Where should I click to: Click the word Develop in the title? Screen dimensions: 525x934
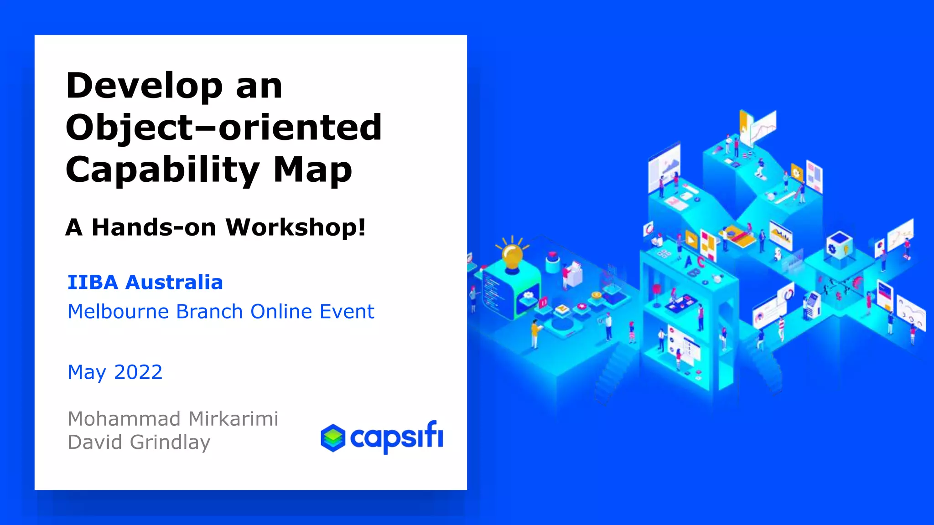(x=144, y=87)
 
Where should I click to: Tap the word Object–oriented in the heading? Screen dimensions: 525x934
(x=223, y=128)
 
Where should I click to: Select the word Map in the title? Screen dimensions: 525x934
(x=313, y=170)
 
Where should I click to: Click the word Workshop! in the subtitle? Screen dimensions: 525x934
(x=296, y=227)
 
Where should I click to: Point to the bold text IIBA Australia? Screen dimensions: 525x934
(x=145, y=283)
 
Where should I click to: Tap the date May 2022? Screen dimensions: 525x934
(x=115, y=372)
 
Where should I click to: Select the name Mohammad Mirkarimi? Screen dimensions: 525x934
(x=173, y=419)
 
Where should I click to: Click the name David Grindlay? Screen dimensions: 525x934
(x=139, y=443)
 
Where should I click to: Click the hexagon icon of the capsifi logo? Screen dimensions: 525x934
(x=333, y=438)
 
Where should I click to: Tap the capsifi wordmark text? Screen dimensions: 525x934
(x=396, y=437)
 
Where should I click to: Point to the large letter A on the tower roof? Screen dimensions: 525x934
(x=688, y=262)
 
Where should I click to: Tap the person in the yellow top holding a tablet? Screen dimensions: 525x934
(x=534, y=333)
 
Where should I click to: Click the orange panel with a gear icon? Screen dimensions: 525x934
(x=796, y=173)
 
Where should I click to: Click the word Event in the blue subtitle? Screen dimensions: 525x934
(x=347, y=312)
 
